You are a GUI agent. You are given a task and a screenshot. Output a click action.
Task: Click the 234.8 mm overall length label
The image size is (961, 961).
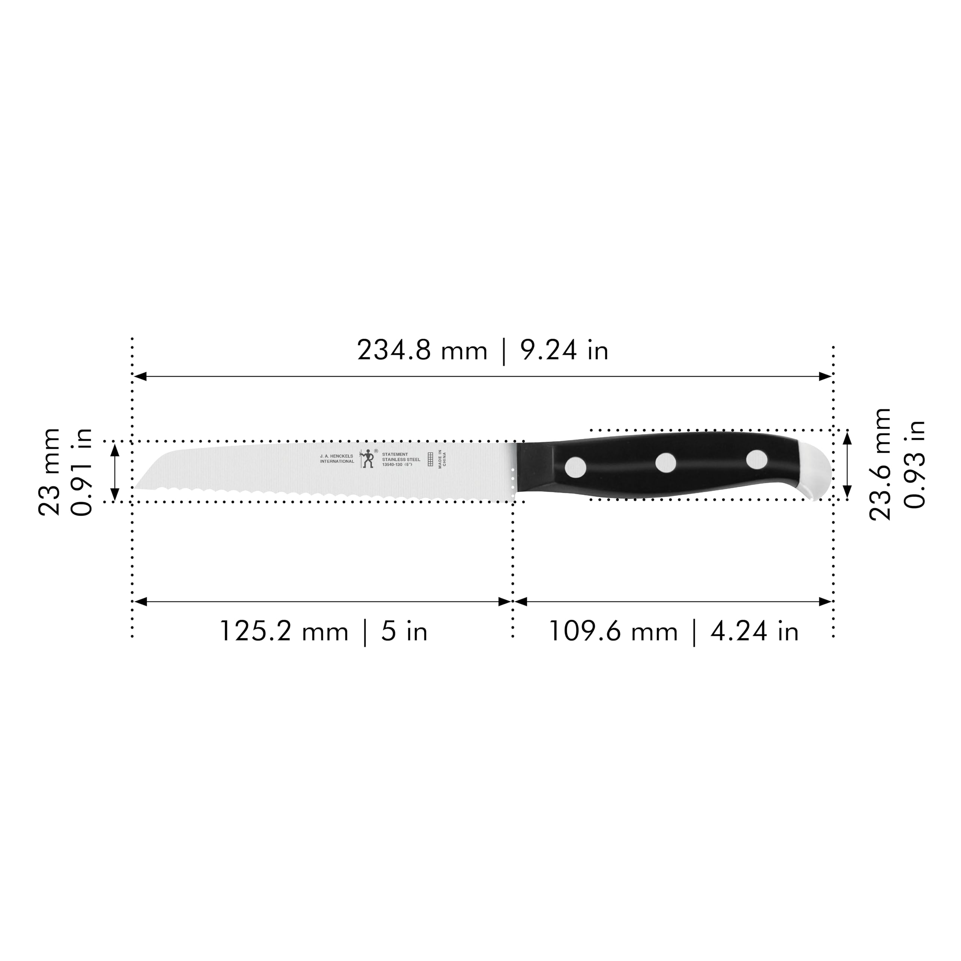click(422, 351)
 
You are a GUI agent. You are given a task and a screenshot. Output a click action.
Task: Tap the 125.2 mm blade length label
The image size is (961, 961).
click(283, 632)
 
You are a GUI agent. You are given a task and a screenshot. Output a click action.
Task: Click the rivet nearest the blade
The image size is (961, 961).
click(575, 467)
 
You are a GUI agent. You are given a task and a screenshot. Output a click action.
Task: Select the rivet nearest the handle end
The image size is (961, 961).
click(756, 459)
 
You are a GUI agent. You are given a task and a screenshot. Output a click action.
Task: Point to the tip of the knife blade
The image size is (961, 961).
click(135, 488)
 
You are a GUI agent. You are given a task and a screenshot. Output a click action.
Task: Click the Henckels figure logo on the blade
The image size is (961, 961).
click(368, 458)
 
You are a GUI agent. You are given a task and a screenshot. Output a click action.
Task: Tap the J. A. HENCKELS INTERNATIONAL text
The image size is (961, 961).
click(337, 459)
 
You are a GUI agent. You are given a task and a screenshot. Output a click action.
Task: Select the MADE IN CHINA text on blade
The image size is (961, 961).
click(442, 459)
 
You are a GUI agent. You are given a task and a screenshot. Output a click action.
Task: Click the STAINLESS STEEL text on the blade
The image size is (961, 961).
click(401, 459)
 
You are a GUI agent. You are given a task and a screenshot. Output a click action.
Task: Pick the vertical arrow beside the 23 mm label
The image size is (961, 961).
click(115, 471)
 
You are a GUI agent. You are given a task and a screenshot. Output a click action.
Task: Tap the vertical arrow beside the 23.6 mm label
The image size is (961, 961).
click(848, 465)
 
